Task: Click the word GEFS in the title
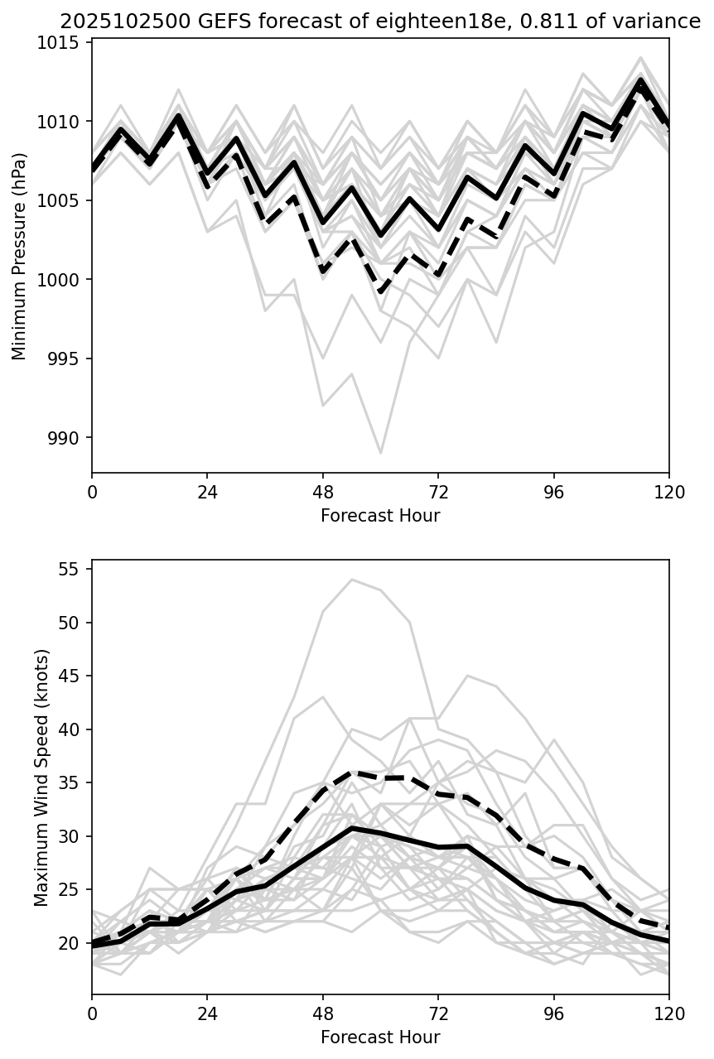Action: pyautogui.click(x=198, y=22)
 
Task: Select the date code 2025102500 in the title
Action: pyautogui.click(x=112, y=22)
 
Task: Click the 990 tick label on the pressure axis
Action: pyautogui.click(x=68, y=438)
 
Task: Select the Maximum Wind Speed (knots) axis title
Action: pyautogui.click(x=41, y=777)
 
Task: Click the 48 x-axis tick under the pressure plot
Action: pyautogui.click(x=323, y=492)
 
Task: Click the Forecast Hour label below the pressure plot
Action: pyautogui.click(x=380, y=516)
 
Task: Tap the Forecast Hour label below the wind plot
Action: pyautogui.click(x=380, y=1037)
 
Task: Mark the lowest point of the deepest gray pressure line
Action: pyautogui.click(x=380, y=453)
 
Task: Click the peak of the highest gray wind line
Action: pyautogui.click(x=352, y=580)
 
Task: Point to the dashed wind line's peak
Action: pyautogui.click(x=352, y=772)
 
